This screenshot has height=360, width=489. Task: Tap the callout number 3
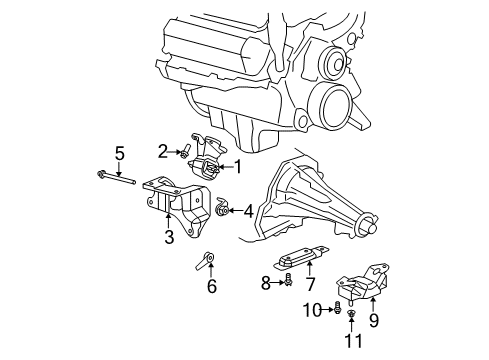click(x=169, y=236)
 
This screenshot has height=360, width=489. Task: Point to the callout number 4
click(x=248, y=211)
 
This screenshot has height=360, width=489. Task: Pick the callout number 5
click(x=119, y=153)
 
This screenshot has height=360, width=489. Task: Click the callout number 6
click(x=211, y=286)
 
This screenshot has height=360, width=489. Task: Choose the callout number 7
click(x=309, y=282)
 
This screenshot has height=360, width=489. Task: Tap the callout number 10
click(x=312, y=309)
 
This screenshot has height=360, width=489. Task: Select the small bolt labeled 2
click(x=186, y=152)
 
